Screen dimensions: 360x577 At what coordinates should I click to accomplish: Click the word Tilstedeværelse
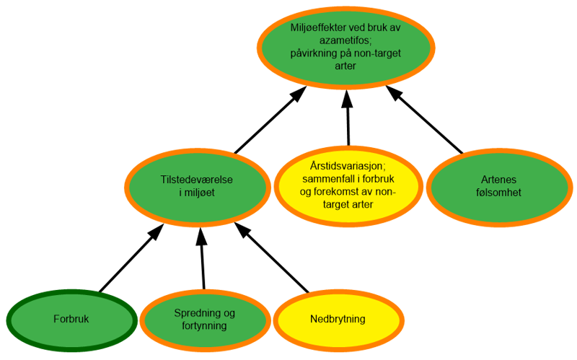[x=196, y=180]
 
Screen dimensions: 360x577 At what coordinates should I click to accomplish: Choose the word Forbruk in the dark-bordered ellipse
[x=71, y=319]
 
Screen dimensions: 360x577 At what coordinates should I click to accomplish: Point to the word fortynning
[x=205, y=325]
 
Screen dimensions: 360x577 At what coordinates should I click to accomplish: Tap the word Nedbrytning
[x=338, y=319]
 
